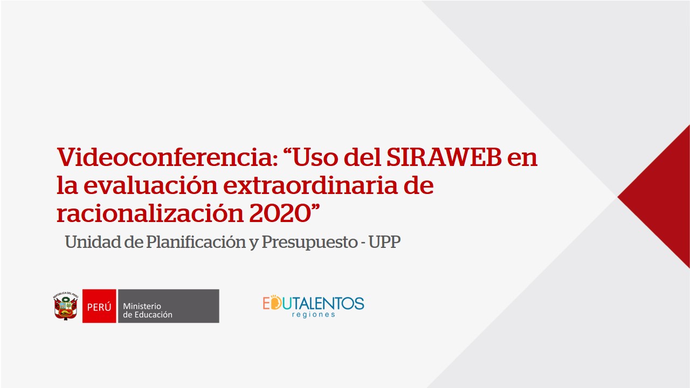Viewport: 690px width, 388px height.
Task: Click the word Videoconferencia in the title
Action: [x=167, y=157]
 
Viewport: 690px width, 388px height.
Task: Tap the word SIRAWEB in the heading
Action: [x=444, y=157]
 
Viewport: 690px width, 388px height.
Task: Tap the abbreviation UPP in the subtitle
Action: [x=384, y=242]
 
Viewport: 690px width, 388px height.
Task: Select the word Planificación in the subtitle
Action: [x=196, y=242]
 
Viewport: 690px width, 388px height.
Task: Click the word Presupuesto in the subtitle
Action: [x=309, y=242]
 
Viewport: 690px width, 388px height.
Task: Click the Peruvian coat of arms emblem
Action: [x=66, y=306]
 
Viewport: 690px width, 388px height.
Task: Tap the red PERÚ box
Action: [x=99, y=306]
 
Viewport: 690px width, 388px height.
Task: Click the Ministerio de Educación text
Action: [x=148, y=310]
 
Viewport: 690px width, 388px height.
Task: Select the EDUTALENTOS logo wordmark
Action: [x=313, y=303]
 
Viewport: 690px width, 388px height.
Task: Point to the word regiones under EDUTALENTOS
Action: [x=313, y=314]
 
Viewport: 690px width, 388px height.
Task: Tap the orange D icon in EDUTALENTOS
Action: [x=275, y=302]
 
